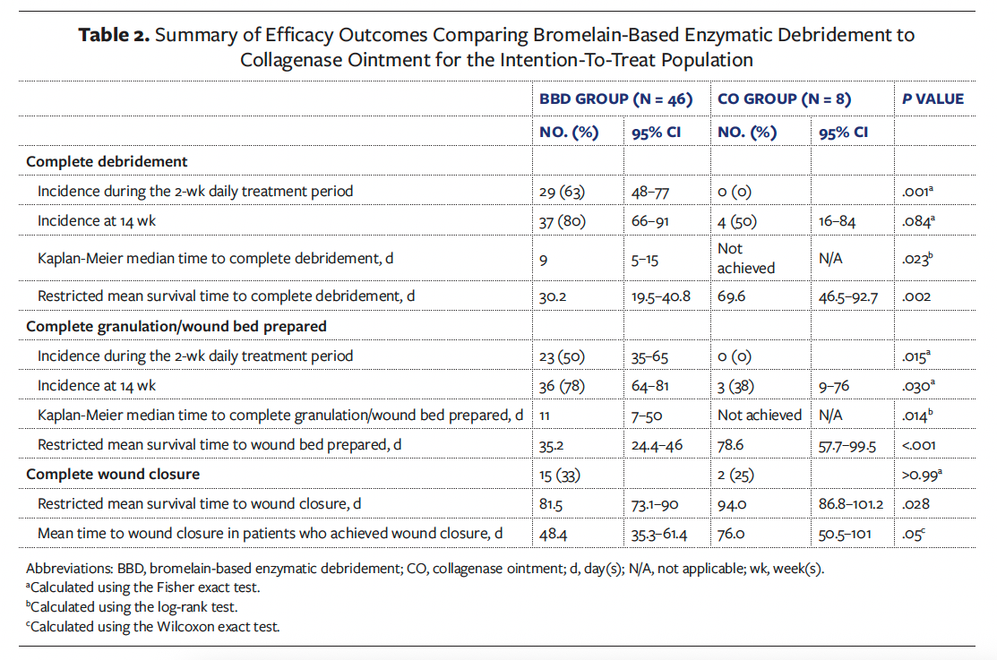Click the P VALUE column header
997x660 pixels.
coord(933,99)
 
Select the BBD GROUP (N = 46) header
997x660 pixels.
coord(615,99)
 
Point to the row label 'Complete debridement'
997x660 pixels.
coord(107,161)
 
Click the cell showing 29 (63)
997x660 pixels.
coord(563,191)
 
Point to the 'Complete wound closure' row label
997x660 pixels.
coord(113,474)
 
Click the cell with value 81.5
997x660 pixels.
coord(551,503)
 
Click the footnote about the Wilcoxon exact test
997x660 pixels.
coord(153,626)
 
